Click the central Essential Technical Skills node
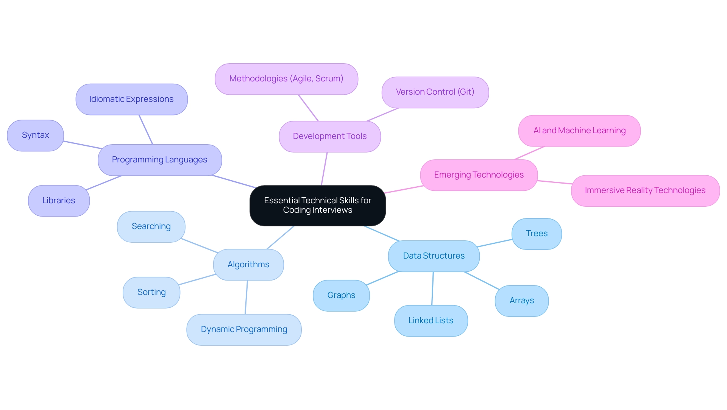click(x=317, y=205)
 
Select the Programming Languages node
click(x=159, y=160)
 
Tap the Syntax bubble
click(x=35, y=135)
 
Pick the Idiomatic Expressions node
click(x=131, y=99)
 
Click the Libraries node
click(x=59, y=201)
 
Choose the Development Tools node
click(x=329, y=136)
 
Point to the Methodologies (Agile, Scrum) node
click(x=286, y=79)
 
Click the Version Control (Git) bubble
click(x=435, y=92)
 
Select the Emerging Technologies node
click(x=479, y=175)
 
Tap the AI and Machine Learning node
click(x=579, y=131)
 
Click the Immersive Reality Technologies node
click(x=645, y=190)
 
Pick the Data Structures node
click(x=434, y=256)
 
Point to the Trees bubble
click(x=536, y=234)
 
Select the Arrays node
click(x=521, y=301)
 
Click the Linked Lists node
click(x=431, y=321)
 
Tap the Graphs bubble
click(x=341, y=295)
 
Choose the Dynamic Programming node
click(x=244, y=329)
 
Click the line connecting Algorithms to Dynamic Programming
click(x=246, y=297)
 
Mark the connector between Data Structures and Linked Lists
click(x=432, y=288)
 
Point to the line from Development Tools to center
click(x=324, y=169)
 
